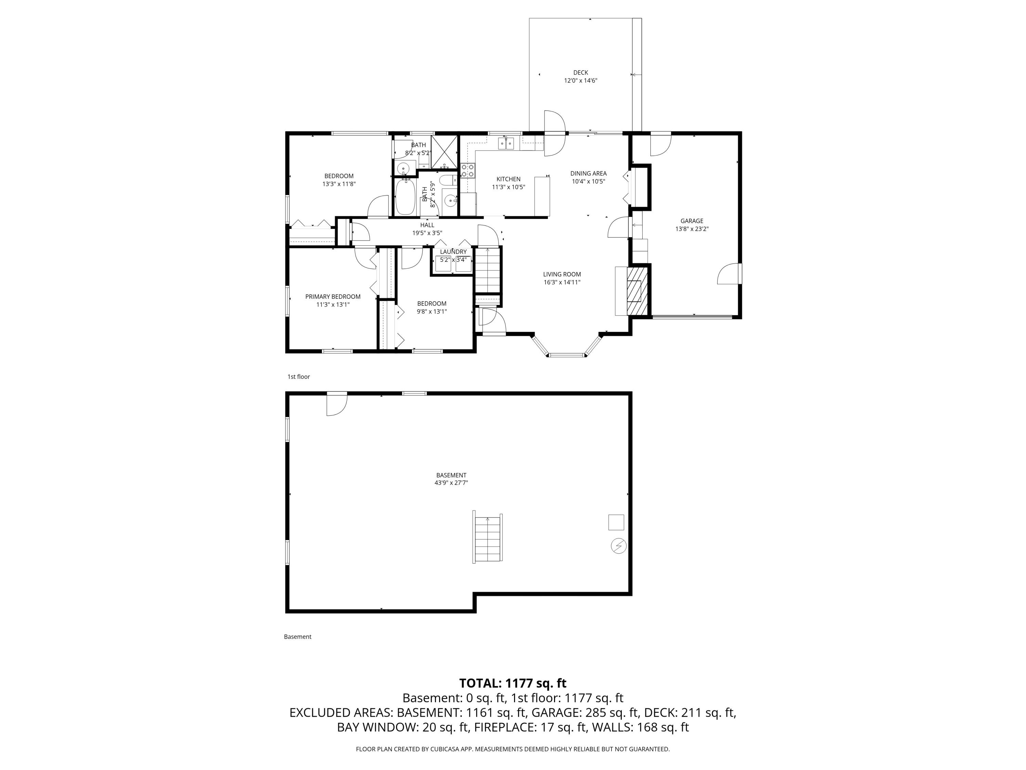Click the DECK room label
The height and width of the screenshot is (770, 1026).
(x=580, y=73)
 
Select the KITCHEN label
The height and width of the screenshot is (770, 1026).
(x=508, y=179)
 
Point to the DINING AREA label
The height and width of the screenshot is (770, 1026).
(x=588, y=174)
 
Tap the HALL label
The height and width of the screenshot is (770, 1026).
(x=427, y=225)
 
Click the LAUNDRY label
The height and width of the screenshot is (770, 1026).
(x=453, y=252)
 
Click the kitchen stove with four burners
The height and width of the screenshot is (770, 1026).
(x=468, y=171)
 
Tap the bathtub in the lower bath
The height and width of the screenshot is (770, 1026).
(x=405, y=197)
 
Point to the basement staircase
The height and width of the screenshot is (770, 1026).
(x=487, y=538)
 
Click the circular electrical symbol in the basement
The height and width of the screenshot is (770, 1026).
(x=619, y=546)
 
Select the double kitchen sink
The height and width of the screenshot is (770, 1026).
(x=506, y=143)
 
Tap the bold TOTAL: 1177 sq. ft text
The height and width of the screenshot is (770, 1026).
(x=513, y=683)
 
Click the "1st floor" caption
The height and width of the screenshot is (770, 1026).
(x=299, y=377)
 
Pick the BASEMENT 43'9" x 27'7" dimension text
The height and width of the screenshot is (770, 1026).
(x=451, y=483)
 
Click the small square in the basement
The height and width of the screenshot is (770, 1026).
(x=616, y=522)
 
